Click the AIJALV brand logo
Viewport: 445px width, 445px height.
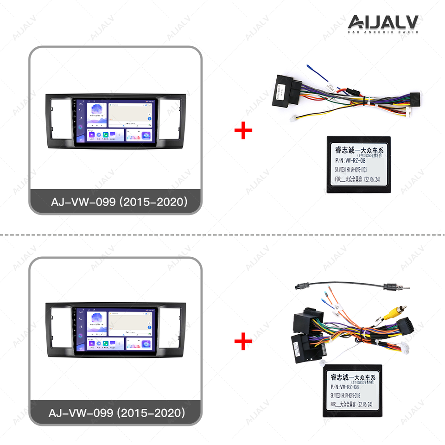383,22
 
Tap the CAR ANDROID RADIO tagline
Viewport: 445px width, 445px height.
383,32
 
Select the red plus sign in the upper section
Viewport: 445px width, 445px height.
243,131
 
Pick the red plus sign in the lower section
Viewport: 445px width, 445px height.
243,342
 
